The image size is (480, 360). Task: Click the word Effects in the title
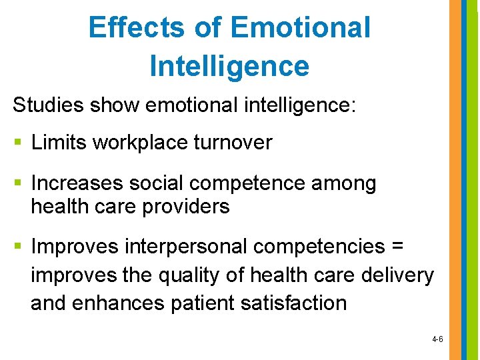(x=137, y=27)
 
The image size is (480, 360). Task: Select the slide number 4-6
(x=437, y=339)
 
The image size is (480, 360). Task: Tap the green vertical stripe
(x=473, y=180)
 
